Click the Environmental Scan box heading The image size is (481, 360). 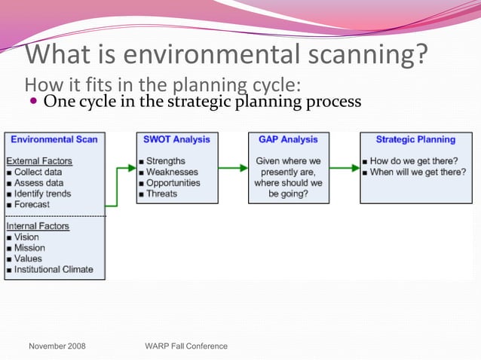click(54, 139)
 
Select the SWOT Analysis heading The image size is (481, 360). click(177, 139)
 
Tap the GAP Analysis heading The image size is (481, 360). click(288, 139)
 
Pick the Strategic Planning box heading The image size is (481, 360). click(415, 139)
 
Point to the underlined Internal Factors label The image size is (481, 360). click(38, 226)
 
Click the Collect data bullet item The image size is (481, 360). click(38, 172)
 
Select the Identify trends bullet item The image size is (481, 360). click(42, 194)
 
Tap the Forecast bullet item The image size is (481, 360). click(32, 204)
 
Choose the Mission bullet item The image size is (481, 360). click(29, 248)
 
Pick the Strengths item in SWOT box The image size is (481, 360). click(165, 161)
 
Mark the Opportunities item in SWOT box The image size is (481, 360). click(173, 183)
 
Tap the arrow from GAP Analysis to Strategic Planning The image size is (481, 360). click(345, 168)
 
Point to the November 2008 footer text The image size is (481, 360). click(57, 346)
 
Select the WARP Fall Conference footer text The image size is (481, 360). click(185, 346)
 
